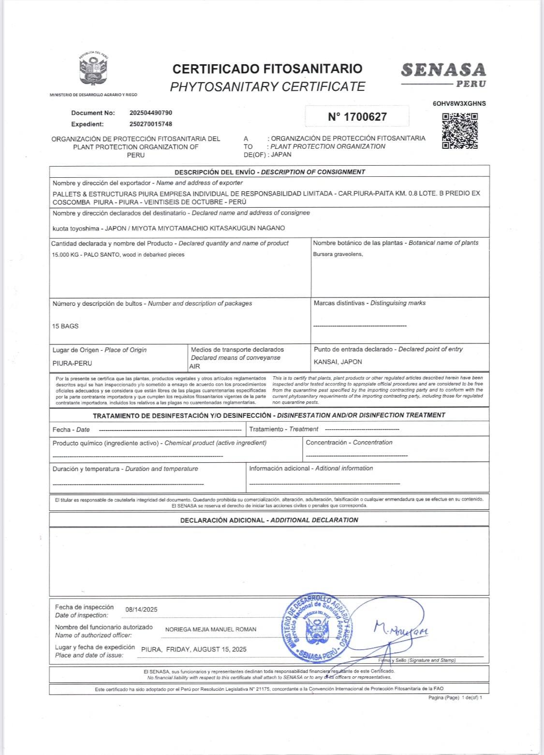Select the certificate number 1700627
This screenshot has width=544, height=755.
pyautogui.click(x=357, y=117)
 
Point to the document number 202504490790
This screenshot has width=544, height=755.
pyautogui.click(x=151, y=113)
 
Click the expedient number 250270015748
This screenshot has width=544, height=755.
pyautogui.click(x=151, y=124)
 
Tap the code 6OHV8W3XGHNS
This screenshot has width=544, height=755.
pyautogui.click(x=459, y=103)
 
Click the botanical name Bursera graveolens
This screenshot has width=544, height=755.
pyautogui.click(x=338, y=255)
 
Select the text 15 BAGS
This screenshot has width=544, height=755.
pyautogui.click(x=65, y=327)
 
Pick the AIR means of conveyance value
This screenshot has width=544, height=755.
pyautogui.click(x=195, y=367)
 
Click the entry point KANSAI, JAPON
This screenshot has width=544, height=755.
pyautogui.click(x=338, y=362)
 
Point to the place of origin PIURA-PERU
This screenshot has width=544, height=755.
pyautogui.click(x=72, y=363)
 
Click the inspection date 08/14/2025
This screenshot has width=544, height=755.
pyautogui.click(x=141, y=610)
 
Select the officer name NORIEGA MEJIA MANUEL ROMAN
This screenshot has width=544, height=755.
pyautogui.click(x=211, y=629)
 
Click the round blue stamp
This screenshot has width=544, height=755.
pyautogui.click(x=317, y=627)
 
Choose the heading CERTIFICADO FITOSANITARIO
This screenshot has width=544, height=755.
pyautogui.click(x=267, y=69)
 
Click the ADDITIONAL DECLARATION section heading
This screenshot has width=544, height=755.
pyautogui.click(x=269, y=520)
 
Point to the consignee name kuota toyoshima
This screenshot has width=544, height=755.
pyautogui.click(x=76, y=228)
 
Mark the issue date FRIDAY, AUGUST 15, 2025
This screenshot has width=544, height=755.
pyautogui.click(x=206, y=649)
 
